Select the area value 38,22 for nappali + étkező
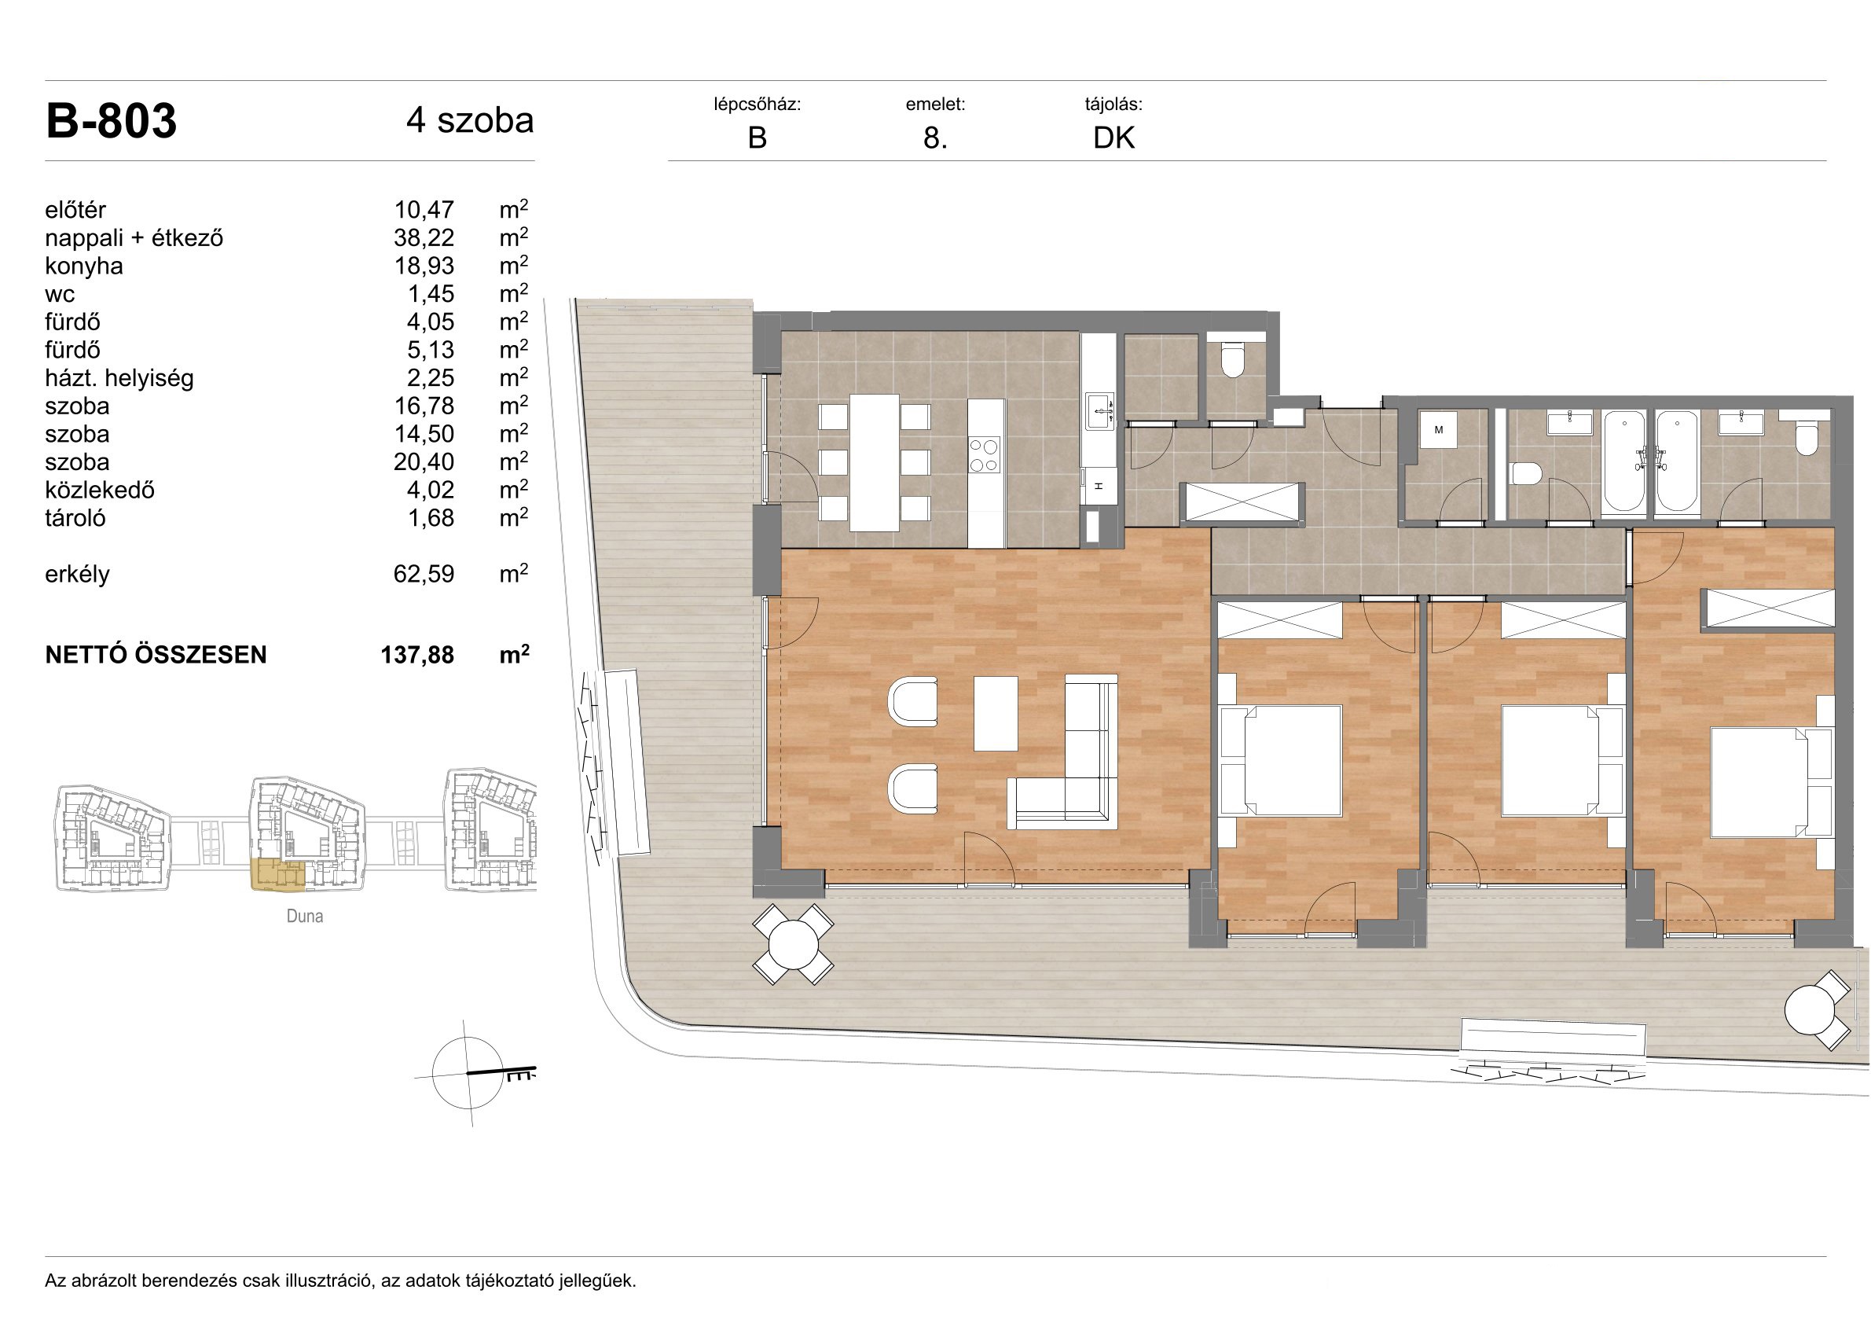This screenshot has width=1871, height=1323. pos(424,238)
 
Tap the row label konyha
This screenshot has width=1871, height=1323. pos(84,266)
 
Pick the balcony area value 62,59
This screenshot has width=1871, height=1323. pos(424,574)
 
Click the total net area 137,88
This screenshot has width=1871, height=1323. pos(417,655)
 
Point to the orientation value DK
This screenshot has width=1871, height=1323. pos(1114,138)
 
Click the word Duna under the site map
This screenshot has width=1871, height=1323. pos(305,917)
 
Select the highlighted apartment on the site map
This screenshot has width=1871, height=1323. pos(277,873)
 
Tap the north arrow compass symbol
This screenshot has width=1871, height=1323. pos(472,1074)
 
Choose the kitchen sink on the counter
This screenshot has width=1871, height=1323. pos(1099,411)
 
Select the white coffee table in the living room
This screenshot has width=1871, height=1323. pos(996,713)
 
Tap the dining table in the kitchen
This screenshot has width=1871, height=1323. pos(875,462)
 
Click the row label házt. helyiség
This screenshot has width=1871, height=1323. pos(119,378)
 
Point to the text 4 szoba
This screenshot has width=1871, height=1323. pos(470,120)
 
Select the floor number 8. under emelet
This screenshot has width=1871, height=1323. pos(934,138)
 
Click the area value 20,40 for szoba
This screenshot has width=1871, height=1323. pos(424,462)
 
